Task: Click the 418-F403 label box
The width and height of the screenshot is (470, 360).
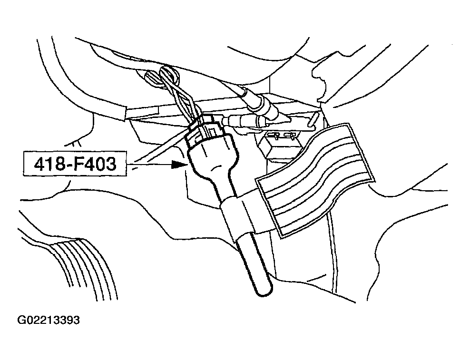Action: click(x=75, y=164)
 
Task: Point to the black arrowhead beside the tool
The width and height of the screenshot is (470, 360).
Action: click(x=179, y=164)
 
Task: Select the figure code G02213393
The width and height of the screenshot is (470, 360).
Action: click(x=49, y=320)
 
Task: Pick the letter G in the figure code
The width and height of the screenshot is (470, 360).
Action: click(x=21, y=320)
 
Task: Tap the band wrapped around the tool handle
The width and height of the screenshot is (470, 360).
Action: click(x=237, y=215)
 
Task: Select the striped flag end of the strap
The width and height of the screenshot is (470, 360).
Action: click(x=315, y=180)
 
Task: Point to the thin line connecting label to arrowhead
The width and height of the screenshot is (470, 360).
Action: click(x=149, y=164)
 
